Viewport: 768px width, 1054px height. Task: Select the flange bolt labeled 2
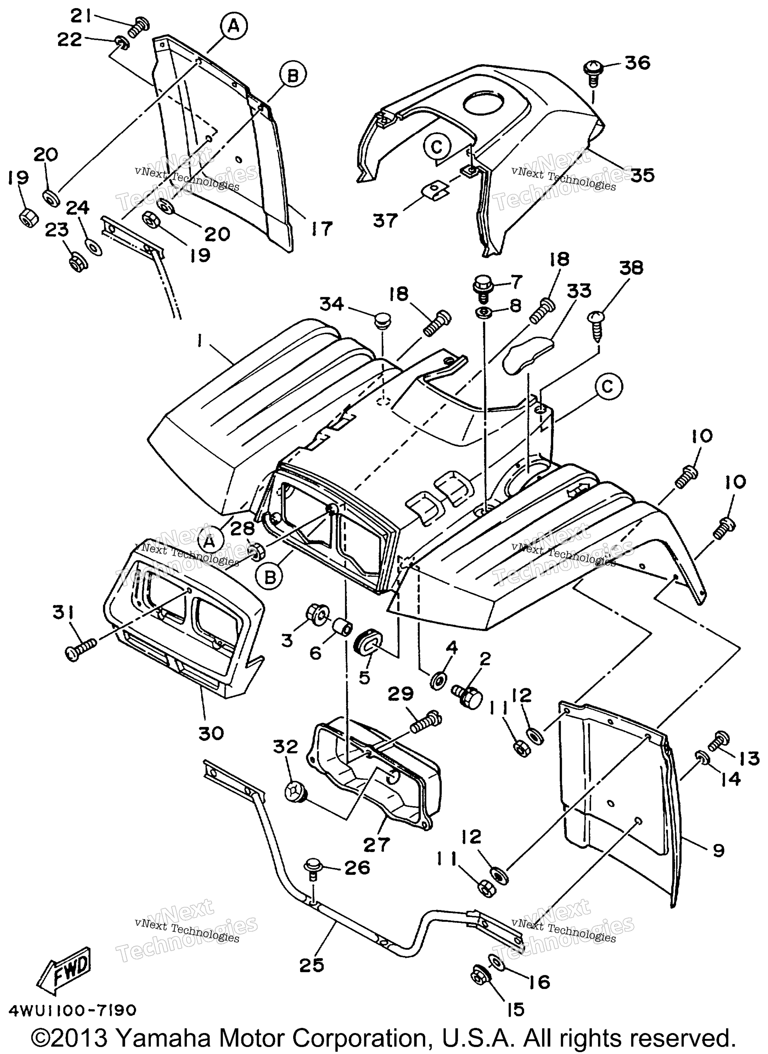coord(465,697)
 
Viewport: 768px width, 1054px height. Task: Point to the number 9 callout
coord(718,851)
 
